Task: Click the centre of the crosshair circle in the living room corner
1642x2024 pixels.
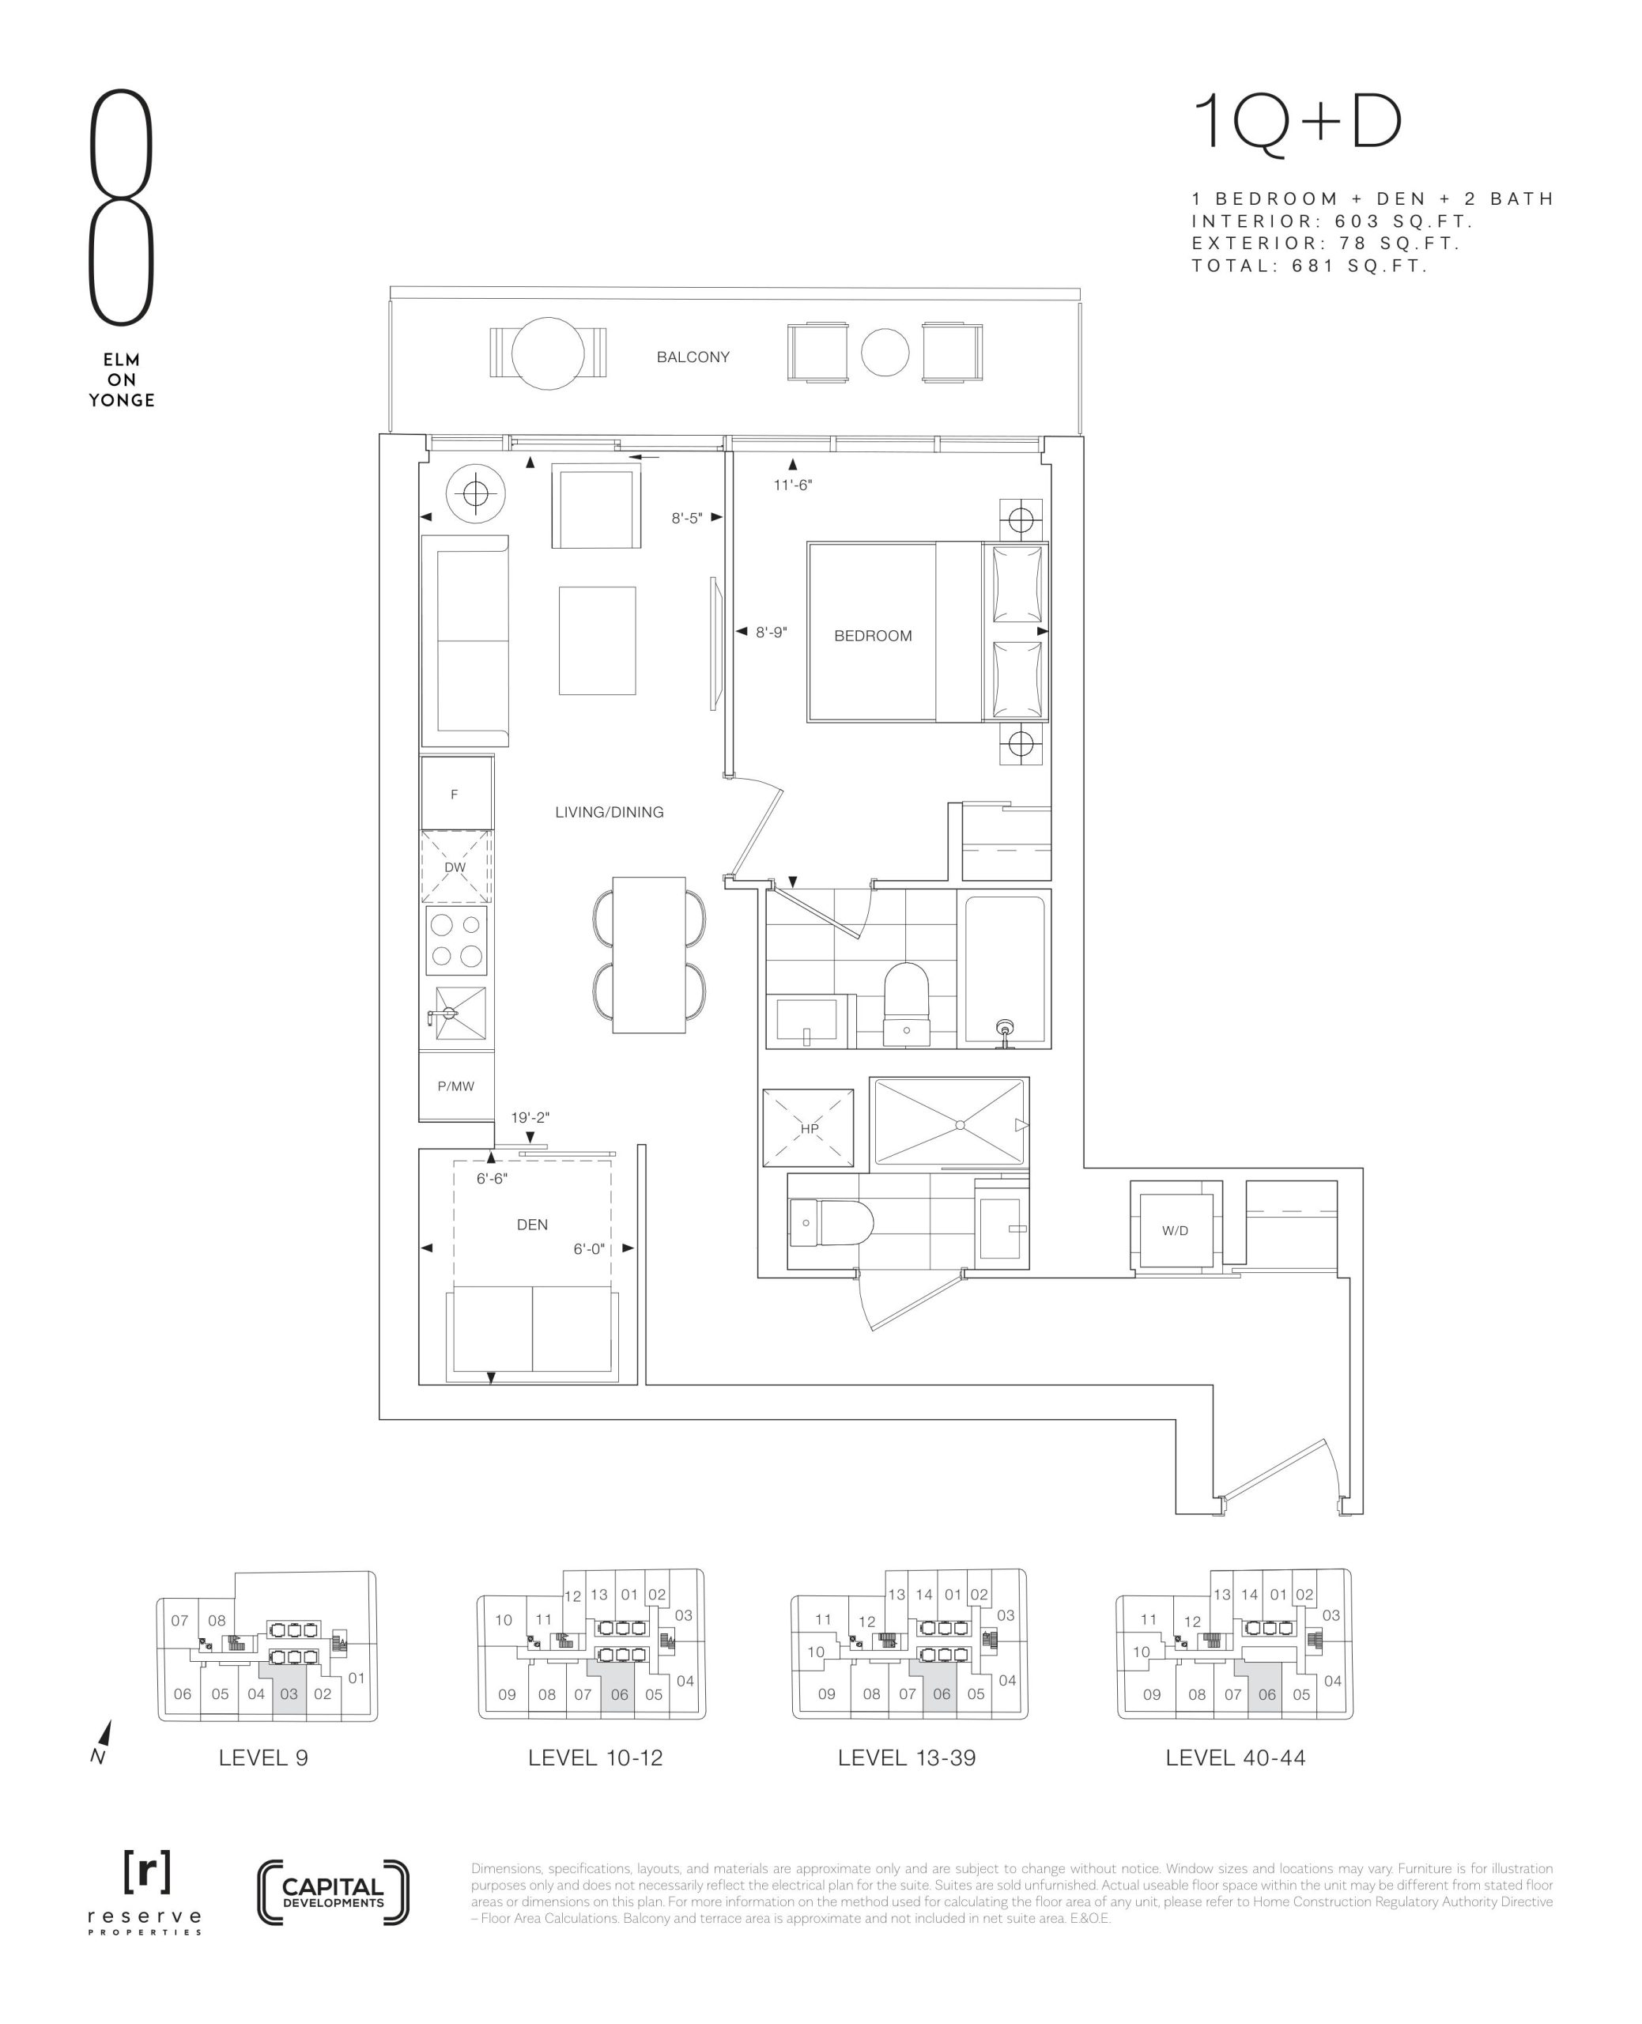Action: coord(476,493)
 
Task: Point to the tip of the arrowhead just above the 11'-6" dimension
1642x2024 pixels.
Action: coord(793,459)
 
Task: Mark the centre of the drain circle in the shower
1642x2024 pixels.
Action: coord(960,1124)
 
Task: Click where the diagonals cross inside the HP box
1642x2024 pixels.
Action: coord(809,1128)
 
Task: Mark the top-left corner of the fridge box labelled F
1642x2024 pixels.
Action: coord(422,757)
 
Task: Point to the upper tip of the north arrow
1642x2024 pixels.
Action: coord(110,1720)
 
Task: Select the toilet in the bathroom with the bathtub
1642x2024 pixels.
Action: coord(906,1004)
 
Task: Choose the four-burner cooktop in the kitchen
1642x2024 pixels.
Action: coord(457,940)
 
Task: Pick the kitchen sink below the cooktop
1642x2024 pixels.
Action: coord(457,1013)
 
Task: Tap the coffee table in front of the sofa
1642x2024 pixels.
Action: coord(597,640)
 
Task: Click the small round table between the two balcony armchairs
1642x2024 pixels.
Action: coord(885,352)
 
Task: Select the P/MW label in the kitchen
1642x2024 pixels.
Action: coord(456,1086)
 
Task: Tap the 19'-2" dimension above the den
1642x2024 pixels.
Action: coord(530,1117)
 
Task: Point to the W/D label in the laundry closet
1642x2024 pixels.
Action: coord(1175,1230)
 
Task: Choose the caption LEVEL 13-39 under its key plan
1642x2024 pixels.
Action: coord(906,1758)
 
